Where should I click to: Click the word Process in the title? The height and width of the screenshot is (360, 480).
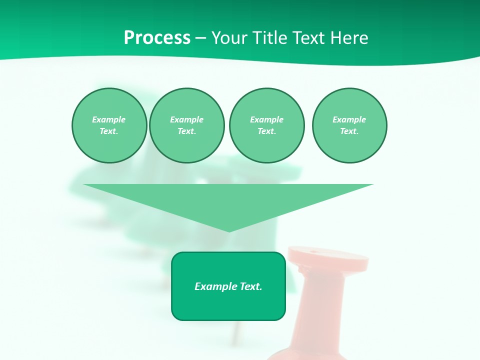click(x=157, y=38)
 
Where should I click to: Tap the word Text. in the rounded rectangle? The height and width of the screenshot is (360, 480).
click(x=250, y=286)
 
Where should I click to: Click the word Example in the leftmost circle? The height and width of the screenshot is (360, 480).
click(x=109, y=119)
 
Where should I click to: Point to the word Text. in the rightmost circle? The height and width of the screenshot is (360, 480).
click(x=349, y=131)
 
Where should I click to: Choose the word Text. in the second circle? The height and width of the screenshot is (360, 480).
click(x=186, y=131)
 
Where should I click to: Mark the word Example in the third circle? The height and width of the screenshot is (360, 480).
click(x=266, y=119)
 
